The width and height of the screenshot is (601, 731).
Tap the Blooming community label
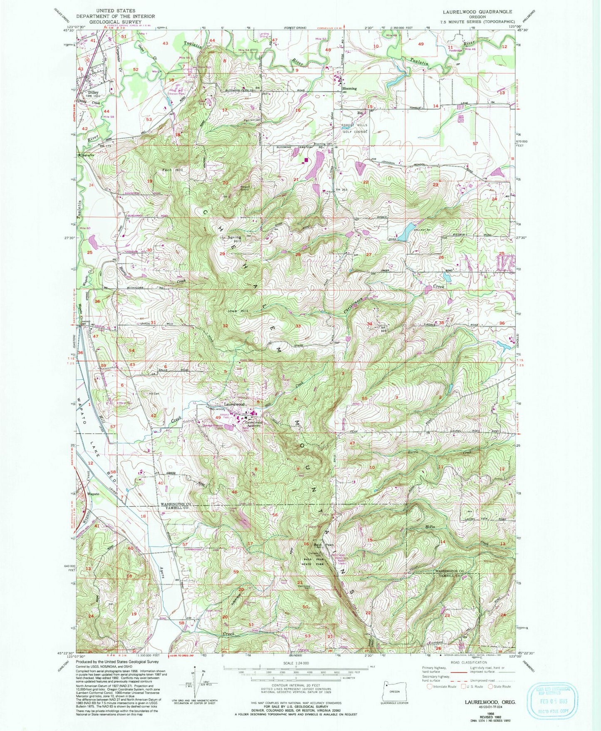tap(349, 89)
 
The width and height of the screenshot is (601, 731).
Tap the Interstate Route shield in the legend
tap(430, 687)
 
